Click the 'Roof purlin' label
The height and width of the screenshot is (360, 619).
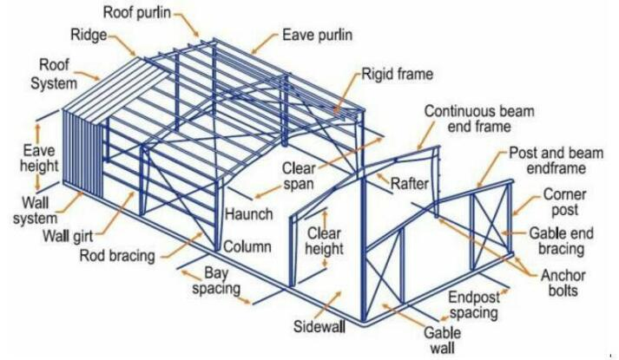tap(137, 13)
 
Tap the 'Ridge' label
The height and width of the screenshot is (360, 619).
tap(89, 35)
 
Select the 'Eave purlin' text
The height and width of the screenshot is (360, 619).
tap(318, 35)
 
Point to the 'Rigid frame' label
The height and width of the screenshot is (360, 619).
tap(398, 74)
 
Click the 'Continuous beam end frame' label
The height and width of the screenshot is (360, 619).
tap(479, 119)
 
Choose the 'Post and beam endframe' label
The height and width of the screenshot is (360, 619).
tap(556, 160)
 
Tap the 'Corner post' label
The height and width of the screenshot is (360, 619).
tap(565, 202)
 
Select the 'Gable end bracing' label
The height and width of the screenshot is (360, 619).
tap(562, 241)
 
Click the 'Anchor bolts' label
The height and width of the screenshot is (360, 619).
tap(563, 283)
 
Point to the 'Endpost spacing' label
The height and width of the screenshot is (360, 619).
tap(474, 304)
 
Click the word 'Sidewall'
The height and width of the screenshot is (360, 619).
tap(319, 326)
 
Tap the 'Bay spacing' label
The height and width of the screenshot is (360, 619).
tap(216, 281)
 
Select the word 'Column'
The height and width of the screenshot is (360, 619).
tap(247, 247)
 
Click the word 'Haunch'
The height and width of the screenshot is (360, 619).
tap(249, 214)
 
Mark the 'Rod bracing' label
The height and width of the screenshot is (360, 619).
tap(117, 256)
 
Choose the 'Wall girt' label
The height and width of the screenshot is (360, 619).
tap(68, 237)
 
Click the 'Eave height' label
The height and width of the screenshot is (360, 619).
tap(39, 158)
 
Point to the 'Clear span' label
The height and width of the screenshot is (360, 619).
tap(299, 176)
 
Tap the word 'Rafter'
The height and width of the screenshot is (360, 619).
tap(410, 184)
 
